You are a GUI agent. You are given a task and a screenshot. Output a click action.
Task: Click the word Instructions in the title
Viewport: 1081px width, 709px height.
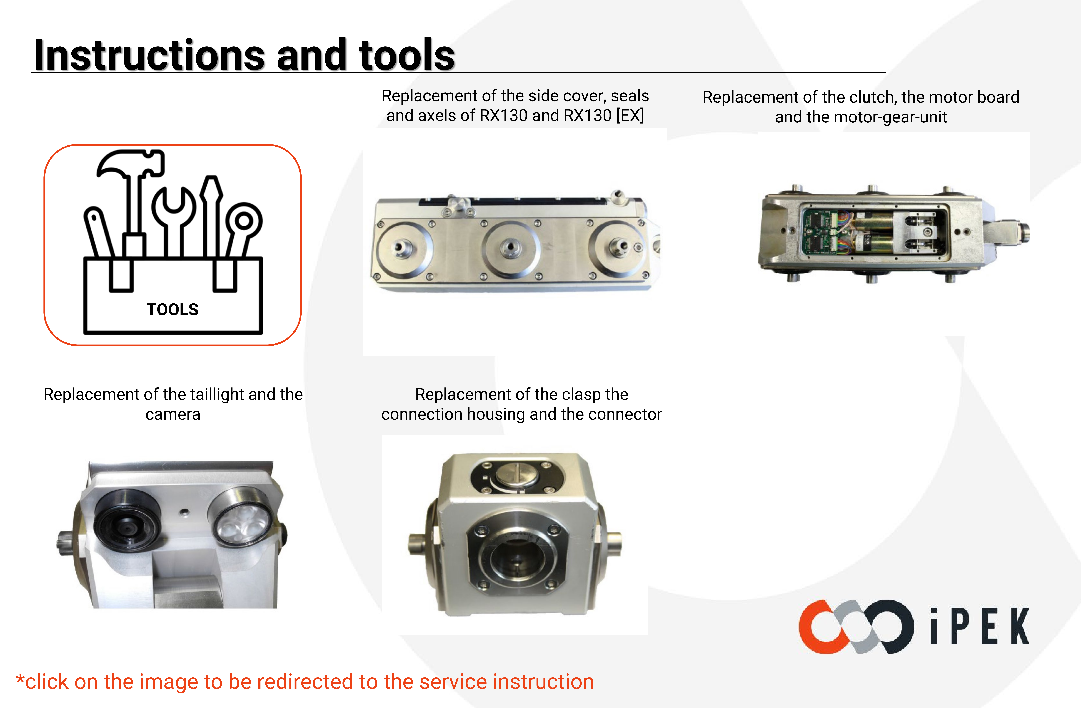click(x=149, y=55)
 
